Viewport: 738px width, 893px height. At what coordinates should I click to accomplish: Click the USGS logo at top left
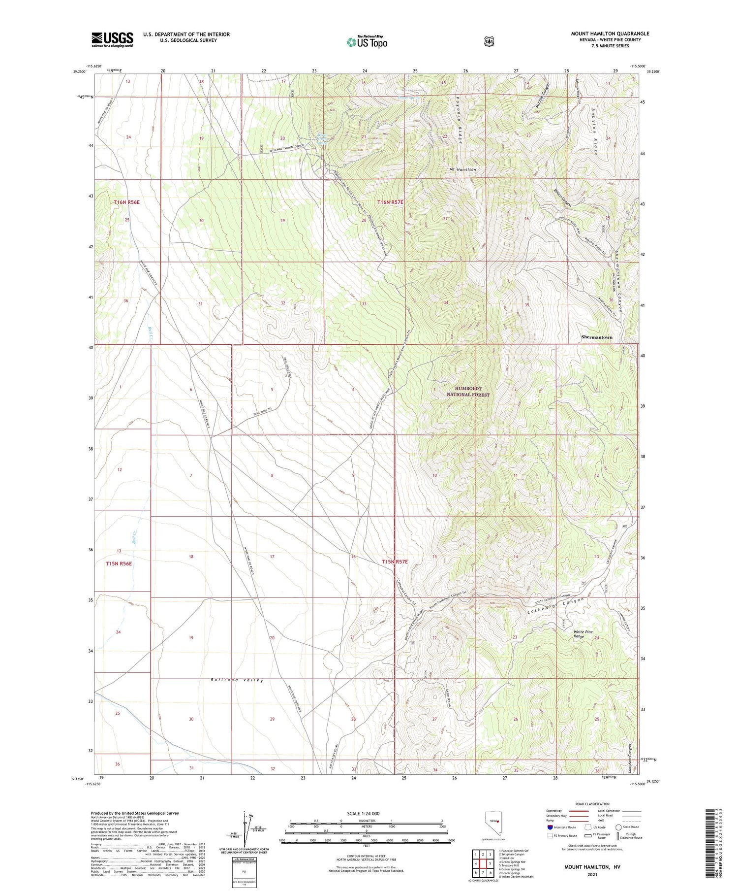point(112,39)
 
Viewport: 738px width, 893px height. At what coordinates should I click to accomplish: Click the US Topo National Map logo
point(367,42)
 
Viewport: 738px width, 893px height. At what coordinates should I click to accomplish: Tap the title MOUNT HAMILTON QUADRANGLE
point(610,33)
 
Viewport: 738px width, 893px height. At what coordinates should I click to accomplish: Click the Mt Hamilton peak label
point(462,169)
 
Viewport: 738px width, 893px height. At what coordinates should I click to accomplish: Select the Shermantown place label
point(596,337)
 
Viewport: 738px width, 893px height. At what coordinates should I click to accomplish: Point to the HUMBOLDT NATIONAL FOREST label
point(468,392)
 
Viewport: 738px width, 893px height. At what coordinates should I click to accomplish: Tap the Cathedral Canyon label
point(555,607)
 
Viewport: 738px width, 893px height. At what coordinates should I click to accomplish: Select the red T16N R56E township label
point(126,202)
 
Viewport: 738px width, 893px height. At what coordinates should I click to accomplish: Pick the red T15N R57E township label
point(395,562)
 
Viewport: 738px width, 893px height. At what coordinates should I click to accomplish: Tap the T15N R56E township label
point(119,563)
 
